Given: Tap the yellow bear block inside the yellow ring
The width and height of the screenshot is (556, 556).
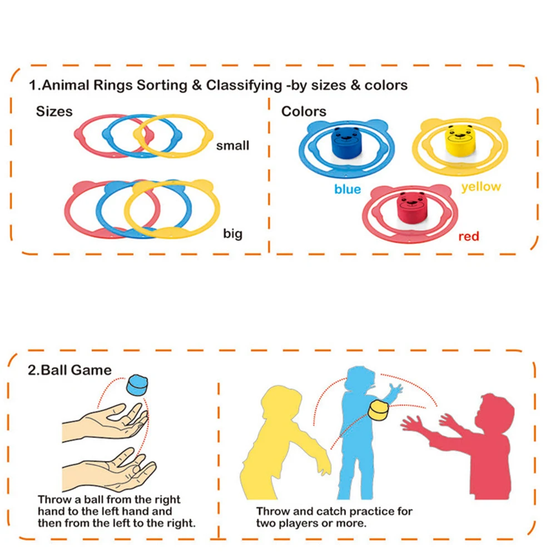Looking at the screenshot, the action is tap(459, 140).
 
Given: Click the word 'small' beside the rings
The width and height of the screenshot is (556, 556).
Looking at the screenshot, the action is tap(233, 146).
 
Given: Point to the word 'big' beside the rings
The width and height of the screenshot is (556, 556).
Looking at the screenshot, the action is tap(233, 233).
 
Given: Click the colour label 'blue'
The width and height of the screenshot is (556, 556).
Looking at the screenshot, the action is tap(348, 190).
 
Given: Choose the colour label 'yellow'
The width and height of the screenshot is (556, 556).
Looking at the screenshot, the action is tap(481, 187).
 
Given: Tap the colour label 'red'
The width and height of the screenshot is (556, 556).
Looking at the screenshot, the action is tap(469, 236).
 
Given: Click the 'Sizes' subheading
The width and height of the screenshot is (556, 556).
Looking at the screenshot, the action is tap(54, 111).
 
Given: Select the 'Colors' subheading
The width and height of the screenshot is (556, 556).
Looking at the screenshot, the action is tap(304, 111).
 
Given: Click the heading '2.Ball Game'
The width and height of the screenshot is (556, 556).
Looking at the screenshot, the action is tap(69, 370).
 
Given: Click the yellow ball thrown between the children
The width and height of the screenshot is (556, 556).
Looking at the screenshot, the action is tap(380, 412).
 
